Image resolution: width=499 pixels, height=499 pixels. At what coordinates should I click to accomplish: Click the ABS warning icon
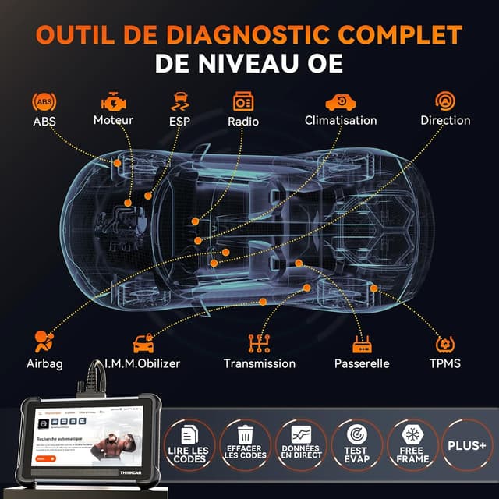pyautogui.click(x=44, y=102)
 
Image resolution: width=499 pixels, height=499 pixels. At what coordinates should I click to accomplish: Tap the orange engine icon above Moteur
pyautogui.click(x=113, y=101)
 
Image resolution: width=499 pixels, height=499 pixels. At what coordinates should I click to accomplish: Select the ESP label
pyautogui.click(x=179, y=121)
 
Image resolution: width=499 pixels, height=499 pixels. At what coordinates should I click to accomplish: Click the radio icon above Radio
pyautogui.click(x=243, y=102)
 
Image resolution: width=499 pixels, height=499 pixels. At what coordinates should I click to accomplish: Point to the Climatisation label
pyautogui.click(x=341, y=120)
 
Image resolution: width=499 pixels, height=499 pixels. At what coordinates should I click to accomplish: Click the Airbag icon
pyautogui.click(x=44, y=342)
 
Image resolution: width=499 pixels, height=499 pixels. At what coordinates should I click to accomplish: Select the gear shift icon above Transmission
pyautogui.click(x=259, y=342)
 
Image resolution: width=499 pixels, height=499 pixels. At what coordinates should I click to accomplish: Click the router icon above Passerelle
pyautogui.click(x=362, y=342)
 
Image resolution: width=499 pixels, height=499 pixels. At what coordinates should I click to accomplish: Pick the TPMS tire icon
pyautogui.click(x=445, y=342)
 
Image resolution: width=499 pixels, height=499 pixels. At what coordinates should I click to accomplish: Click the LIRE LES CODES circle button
pyautogui.click(x=189, y=444)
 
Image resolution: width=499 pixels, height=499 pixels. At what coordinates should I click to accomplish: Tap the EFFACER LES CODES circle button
pyautogui.click(x=244, y=444)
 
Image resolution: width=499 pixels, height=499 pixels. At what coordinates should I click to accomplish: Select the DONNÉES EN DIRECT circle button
pyautogui.click(x=300, y=444)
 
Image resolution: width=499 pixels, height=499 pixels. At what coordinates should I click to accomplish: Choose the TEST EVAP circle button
pyautogui.click(x=356, y=444)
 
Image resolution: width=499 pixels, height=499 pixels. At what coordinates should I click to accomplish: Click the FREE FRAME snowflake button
pyautogui.click(x=412, y=444)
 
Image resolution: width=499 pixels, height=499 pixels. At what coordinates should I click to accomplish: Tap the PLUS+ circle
pyautogui.click(x=467, y=444)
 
